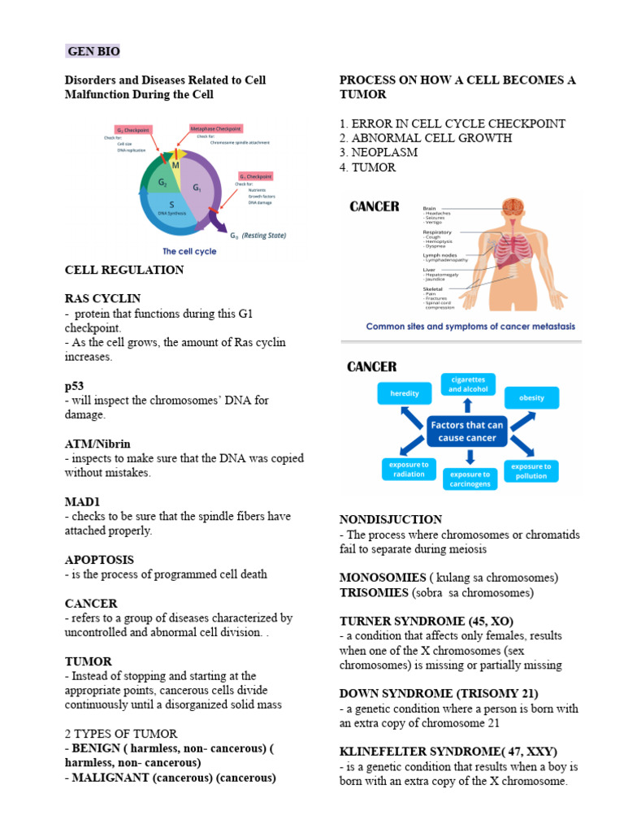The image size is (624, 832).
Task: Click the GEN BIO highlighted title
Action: pos(93,52)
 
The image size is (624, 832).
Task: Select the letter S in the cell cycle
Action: pos(171,205)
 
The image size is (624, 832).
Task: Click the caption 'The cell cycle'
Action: pos(189,251)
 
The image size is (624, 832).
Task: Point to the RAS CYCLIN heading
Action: pos(102,299)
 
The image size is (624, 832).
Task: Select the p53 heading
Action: pos(74,386)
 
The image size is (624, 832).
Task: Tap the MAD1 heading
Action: pos(80,502)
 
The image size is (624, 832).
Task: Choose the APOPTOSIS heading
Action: pos(99,560)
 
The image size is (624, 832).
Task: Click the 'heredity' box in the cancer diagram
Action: pos(405,394)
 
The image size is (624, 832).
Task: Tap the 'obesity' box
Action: pos(531,398)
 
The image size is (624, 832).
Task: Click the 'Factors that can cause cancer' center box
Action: pos(467,431)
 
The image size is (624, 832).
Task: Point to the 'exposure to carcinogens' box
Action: pos(470,479)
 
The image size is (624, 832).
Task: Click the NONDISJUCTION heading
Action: pos(390,519)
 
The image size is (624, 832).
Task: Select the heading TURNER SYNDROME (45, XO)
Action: pos(426,621)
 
